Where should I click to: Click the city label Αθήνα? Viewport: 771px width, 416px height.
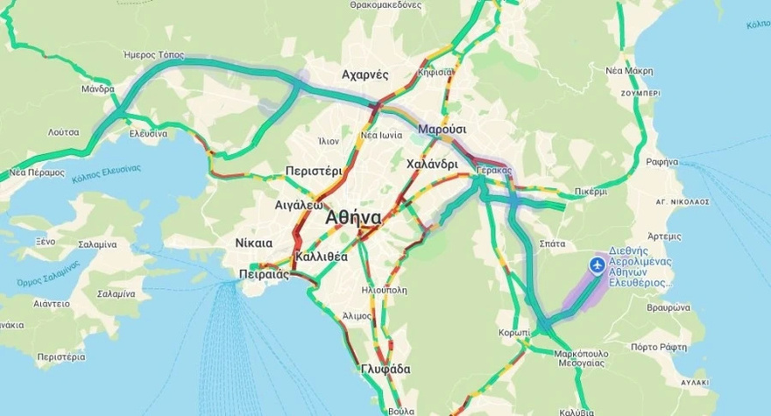click(x=353, y=218)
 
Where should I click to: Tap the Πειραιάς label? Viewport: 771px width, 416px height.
click(x=264, y=274)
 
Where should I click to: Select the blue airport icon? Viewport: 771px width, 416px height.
click(x=598, y=264)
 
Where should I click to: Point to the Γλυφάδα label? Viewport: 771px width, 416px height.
click(x=385, y=370)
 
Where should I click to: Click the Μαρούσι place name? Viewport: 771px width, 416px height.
click(x=442, y=130)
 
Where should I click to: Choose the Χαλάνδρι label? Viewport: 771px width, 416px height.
click(x=433, y=164)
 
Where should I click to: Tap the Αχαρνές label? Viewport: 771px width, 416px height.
click(x=364, y=74)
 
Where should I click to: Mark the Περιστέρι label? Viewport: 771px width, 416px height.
click(x=314, y=171)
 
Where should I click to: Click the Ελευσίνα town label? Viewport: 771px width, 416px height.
click(x=148, y=134)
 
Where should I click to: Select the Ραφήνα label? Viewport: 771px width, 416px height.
click(x=661, y=162)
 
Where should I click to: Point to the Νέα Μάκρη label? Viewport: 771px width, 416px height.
click(x=629, y=70)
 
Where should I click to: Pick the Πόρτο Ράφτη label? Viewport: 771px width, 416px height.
click(x=655, y=347)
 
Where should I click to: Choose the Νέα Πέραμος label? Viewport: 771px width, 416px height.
click(x=37, y=173)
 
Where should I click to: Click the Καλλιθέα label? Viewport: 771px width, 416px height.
click(x=322, y=257)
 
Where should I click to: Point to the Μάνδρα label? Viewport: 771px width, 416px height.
click(x=98, y=89)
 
